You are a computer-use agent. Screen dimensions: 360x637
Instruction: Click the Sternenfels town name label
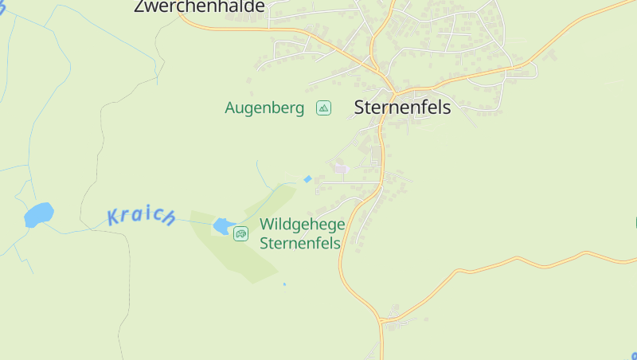[x=402, y=108]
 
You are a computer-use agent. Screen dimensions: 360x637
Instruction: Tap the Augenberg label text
[x=264, y=108]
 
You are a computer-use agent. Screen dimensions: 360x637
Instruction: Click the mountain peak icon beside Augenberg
[x=323, y=108]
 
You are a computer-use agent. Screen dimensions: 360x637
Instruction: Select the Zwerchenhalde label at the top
[x=199, y=6]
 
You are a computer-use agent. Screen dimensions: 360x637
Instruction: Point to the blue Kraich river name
[x=141, y=216]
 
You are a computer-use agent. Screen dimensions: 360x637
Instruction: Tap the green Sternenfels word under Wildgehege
[x=300, y=243]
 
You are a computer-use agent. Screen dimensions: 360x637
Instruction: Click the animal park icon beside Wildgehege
[x=240, y=233]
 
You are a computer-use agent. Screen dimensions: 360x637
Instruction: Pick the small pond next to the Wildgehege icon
[x=222, y=226]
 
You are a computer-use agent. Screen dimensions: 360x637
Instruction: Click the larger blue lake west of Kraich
[x=38, y=214]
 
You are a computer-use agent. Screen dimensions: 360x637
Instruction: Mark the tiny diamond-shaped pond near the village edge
[x=307, y=179]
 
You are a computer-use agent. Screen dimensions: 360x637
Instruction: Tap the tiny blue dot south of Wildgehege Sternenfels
[x=284, y=284]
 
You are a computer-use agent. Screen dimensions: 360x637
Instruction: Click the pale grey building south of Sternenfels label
[x=340, y=168]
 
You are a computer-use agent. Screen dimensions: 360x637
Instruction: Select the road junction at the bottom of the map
[x=381, y=322]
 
